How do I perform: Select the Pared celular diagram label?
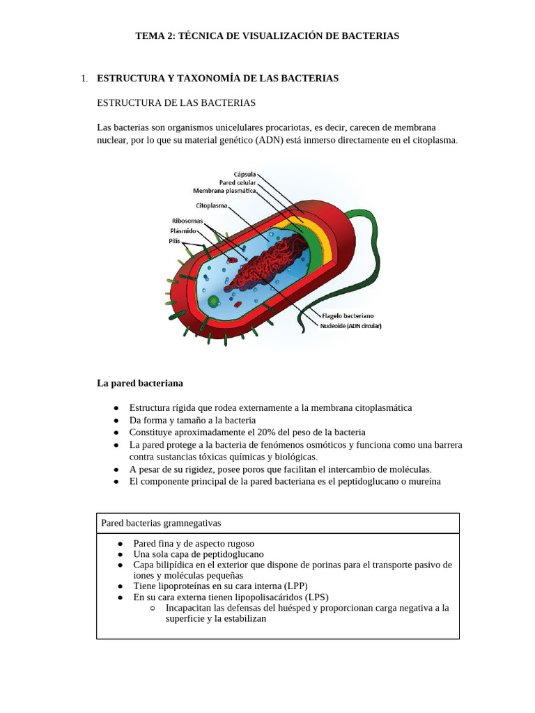click(238, 182)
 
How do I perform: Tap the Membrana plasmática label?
click(225, 189)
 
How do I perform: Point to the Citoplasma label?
click(211, 205)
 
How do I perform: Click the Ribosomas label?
click(187, 221)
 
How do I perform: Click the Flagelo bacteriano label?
click(349, 316)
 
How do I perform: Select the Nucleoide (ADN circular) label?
click(351, 325)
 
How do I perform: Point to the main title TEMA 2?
click(267, 36)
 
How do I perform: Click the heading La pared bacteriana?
click(140, 383)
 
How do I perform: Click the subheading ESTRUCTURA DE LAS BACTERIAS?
click(176, 103)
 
